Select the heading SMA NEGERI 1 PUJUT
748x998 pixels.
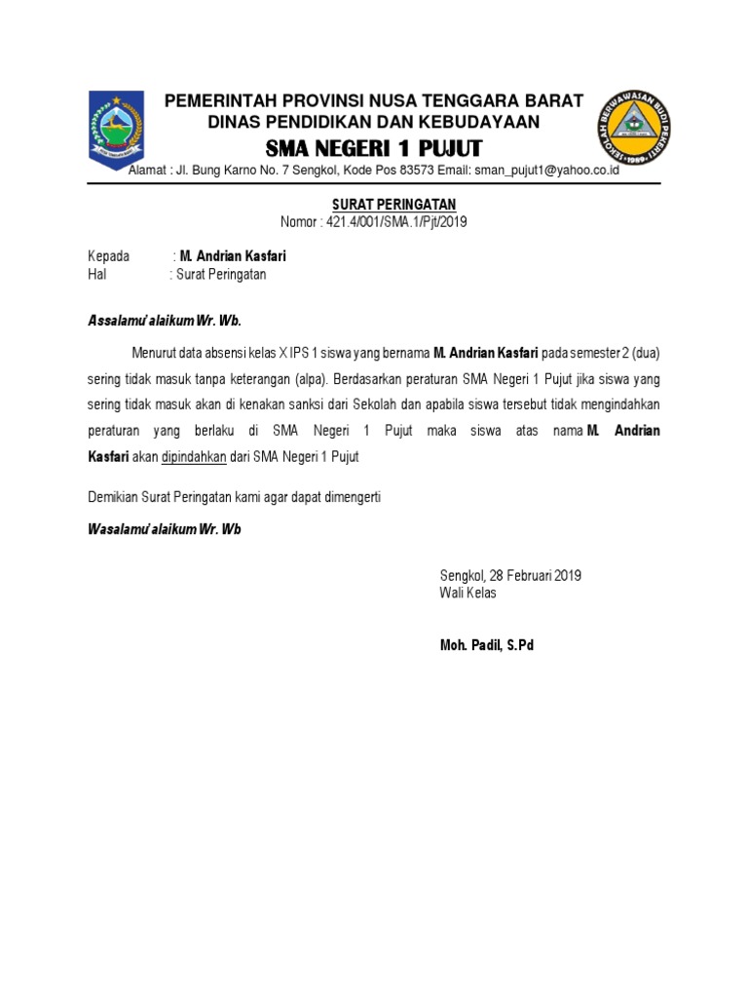(374, 149)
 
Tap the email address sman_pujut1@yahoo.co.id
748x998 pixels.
(546, 171)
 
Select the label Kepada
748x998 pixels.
(108, 256)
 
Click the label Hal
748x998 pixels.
(97, 275)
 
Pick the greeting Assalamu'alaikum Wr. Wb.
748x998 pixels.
(165, 321)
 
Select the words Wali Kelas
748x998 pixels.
(468, 593)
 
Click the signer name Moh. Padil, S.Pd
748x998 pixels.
(487, 645)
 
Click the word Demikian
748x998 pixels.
(116, 497)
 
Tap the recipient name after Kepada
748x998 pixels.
(233, 256)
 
